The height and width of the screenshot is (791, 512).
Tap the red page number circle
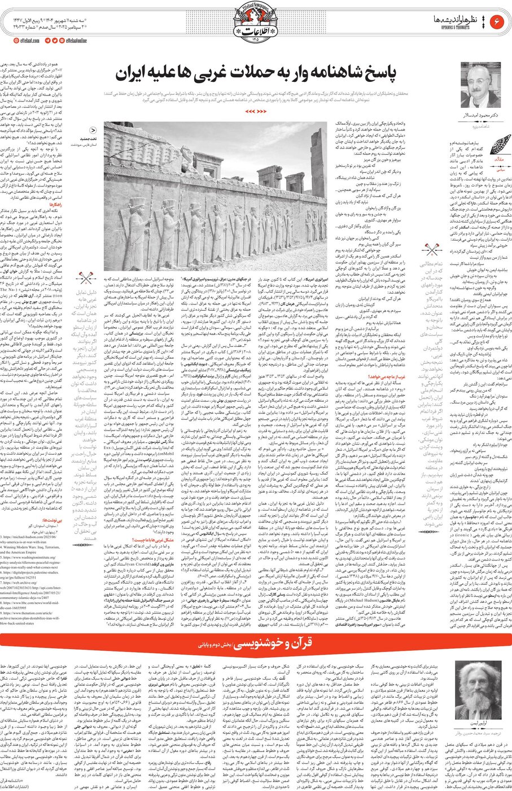pos(498,21)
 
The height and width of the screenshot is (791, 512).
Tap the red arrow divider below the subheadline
pos(255,111)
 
